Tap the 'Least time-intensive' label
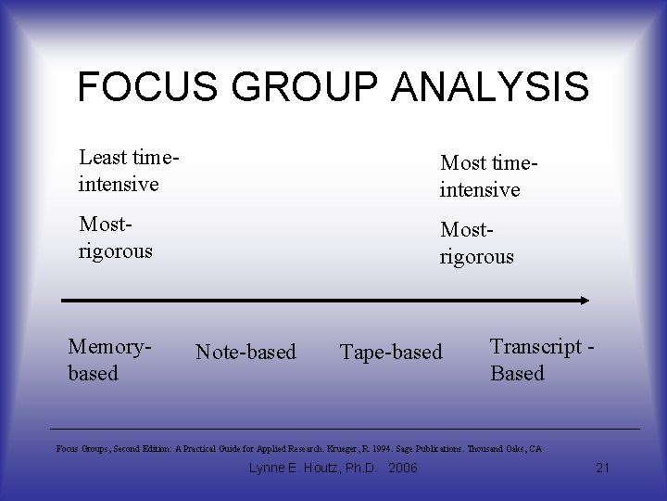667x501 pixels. [x=129, y=170]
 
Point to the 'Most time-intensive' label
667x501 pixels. [x=489, y=176]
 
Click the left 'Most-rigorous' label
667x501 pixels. [x=115, y=238]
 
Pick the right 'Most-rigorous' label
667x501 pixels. [x=476, y=242]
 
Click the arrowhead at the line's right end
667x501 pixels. [x=585, y=301]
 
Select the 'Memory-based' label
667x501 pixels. [x=109, y=359]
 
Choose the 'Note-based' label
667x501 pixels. [x=245, y=353]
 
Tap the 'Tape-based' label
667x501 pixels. [x=391, y=353]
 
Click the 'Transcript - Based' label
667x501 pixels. [x=541, y=359]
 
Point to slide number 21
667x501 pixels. [x=602, y=468]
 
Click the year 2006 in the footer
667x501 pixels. [x=402, y=468]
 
